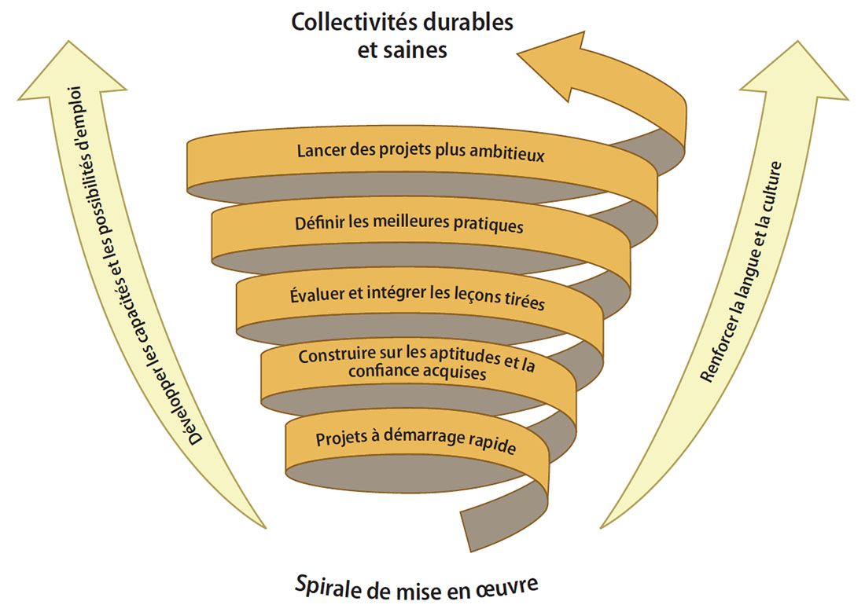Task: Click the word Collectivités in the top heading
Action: click(x=349, y=21)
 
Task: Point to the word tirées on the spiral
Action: click(x=523, y=302)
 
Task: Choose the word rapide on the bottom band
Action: click(x=492, y=448)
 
